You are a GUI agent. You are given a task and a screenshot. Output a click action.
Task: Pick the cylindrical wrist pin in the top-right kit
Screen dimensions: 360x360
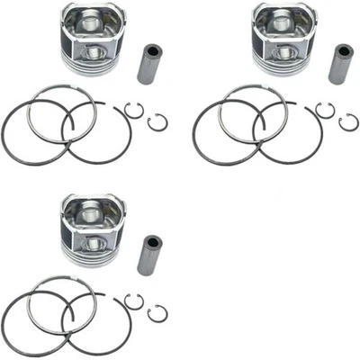pyautogui.click(x=339, y=63)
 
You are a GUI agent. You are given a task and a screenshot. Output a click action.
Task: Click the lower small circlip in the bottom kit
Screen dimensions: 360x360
pyautogui.click(x=157, y=313)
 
